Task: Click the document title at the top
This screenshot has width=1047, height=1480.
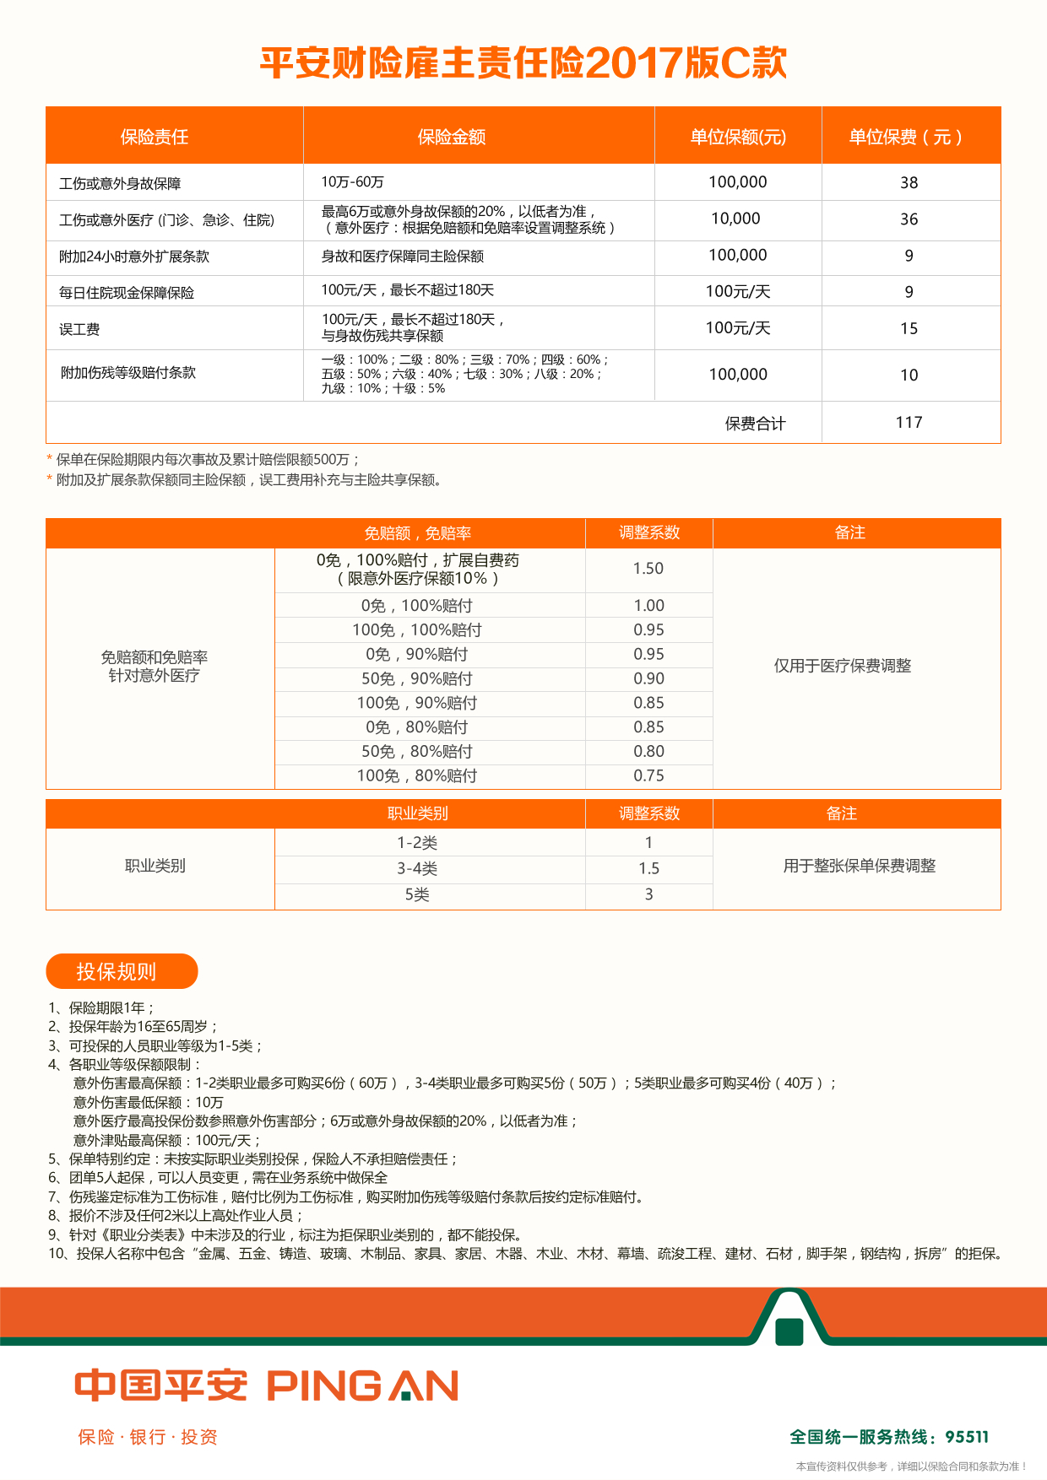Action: point(523,63)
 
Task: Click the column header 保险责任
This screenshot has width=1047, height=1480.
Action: point(155,137)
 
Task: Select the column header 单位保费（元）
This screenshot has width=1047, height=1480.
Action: point(906,137)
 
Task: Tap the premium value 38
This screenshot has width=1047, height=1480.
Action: point(909,182)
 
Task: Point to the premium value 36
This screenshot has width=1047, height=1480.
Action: point(909,219)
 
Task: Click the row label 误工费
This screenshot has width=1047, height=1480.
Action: point(79,329)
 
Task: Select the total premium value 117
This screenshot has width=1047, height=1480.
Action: point(909,422)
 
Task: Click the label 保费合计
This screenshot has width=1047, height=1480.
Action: point(755,424)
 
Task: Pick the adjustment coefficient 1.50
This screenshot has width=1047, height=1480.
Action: point(648,569)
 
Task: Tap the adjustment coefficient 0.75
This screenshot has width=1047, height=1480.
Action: point(648,775)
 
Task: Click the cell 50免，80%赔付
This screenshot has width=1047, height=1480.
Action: point(417,751)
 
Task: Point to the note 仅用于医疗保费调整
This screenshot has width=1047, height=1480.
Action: point(843,666)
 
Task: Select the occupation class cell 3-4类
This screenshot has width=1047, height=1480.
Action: point(417,868)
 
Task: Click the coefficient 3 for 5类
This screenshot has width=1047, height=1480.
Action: point(648,894)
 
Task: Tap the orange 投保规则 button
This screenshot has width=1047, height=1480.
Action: point(122,971)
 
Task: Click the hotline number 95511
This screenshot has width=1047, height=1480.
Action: point(967,1437)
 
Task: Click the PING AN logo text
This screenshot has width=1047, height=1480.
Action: point(363,1385)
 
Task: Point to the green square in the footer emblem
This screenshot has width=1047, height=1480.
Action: point(789,1331)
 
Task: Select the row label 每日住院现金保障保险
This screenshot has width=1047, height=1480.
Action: point(127,293)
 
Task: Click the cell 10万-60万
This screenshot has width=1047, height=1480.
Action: point(353,182)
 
